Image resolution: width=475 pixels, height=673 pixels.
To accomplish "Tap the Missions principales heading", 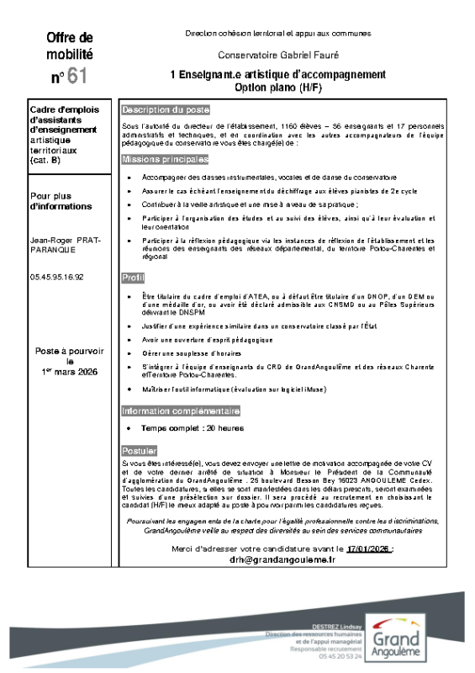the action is point(165,159).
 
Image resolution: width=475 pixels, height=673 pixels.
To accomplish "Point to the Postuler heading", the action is point(139,451).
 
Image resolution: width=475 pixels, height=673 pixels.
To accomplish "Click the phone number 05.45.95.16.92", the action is point(57,276).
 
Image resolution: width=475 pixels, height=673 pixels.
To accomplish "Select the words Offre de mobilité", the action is point(70,45).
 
